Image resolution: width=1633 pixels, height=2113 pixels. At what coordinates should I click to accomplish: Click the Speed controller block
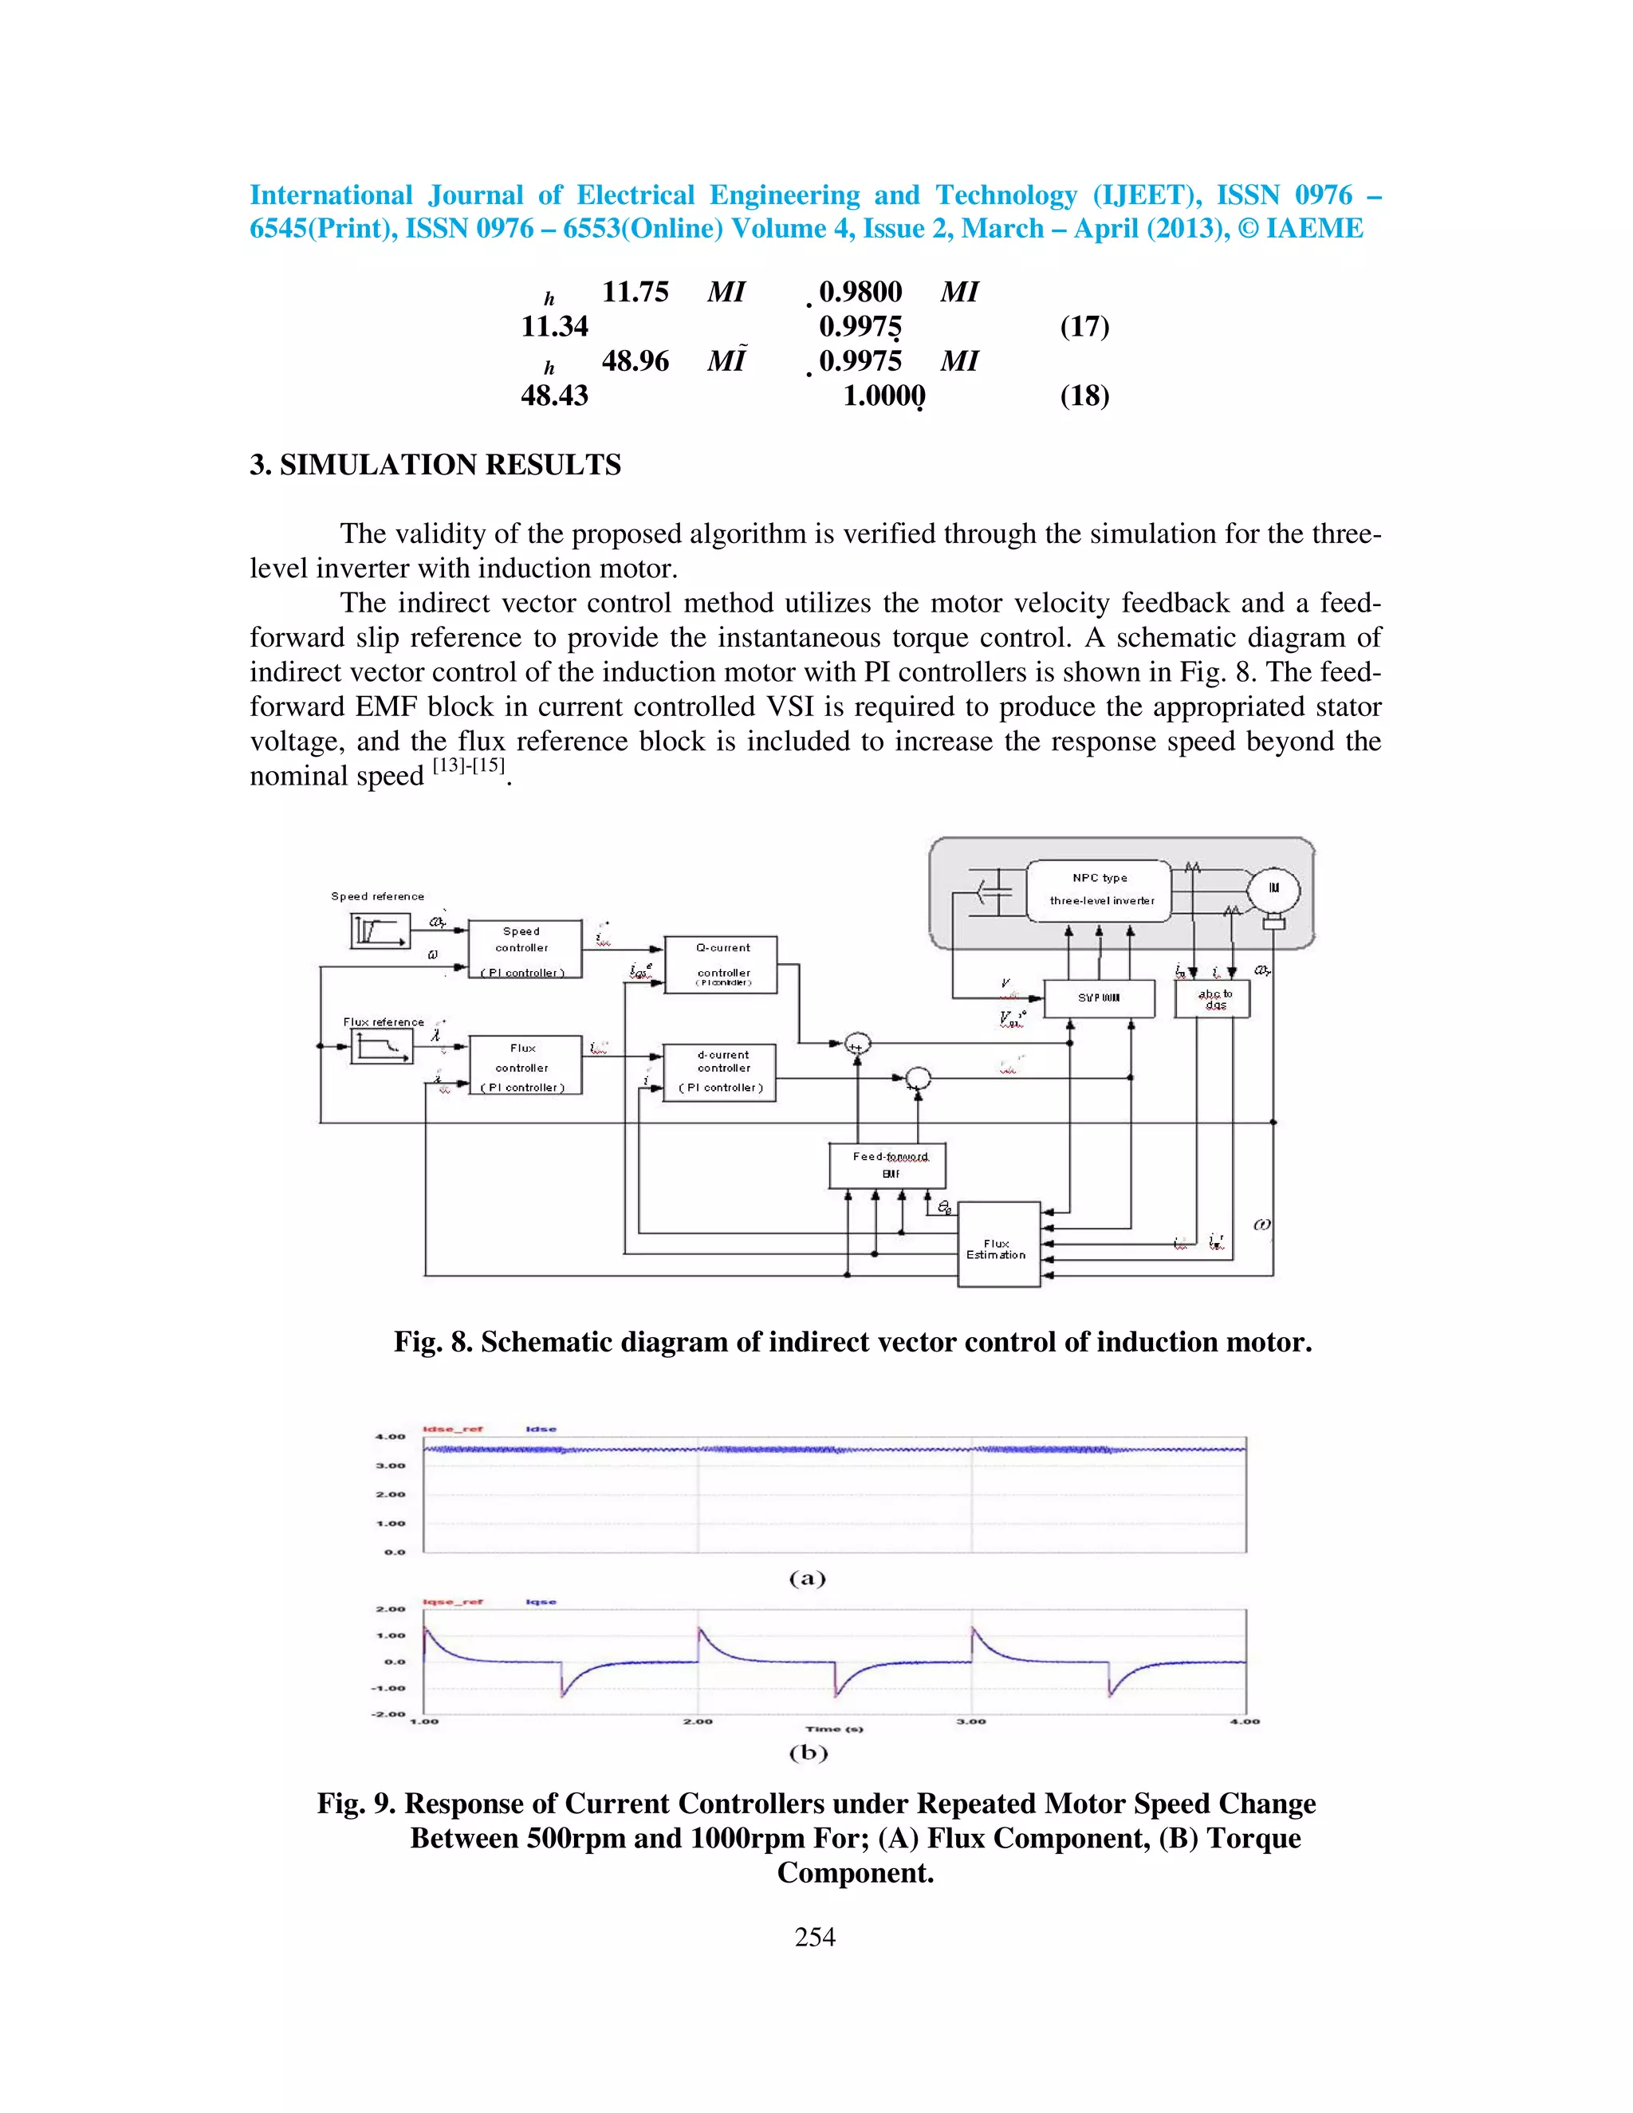click(x=525, y=949)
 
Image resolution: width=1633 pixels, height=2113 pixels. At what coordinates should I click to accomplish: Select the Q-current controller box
click(x=721, y=964)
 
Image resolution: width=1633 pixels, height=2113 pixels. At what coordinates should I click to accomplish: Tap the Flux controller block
click(x=525, y=1065)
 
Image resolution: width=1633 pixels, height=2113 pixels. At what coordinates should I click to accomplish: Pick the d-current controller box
click(x=721, y=1072)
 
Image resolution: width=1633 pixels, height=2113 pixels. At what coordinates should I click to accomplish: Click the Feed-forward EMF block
click(x=887, y=1165)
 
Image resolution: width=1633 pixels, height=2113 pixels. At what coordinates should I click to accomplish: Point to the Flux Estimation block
click(x=998, y=1245)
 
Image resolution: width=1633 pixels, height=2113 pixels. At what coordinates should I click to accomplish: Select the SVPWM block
click(x=1099, y=997)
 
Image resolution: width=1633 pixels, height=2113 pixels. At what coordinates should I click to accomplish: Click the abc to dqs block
click(x=1212, y=998)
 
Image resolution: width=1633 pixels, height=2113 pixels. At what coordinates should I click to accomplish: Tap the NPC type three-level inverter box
click(x=1099, y=890)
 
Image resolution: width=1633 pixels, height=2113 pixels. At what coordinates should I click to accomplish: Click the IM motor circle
click(x=1273, y=888)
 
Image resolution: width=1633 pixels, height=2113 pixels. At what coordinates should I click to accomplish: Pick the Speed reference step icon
click(x=380, y=931)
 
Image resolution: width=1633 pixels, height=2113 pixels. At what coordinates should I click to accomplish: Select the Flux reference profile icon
click(x=380, y=1046)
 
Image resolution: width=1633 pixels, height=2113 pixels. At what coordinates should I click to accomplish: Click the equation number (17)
click(x=1084, y=326)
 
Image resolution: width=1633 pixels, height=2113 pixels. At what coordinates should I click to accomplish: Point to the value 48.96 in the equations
click(x=635, y=361)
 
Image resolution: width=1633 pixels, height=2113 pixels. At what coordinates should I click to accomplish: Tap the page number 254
click(x=815, y=1937)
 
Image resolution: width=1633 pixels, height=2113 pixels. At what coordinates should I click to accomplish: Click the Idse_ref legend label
click(x=453, y=1429)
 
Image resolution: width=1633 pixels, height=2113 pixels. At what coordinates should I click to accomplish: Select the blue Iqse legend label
click(x=541, y=1602)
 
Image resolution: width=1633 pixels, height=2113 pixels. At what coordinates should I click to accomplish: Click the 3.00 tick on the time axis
click(x=971, y=1721)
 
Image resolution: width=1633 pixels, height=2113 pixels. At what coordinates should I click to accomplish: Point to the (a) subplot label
click(x=808, y=1579)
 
